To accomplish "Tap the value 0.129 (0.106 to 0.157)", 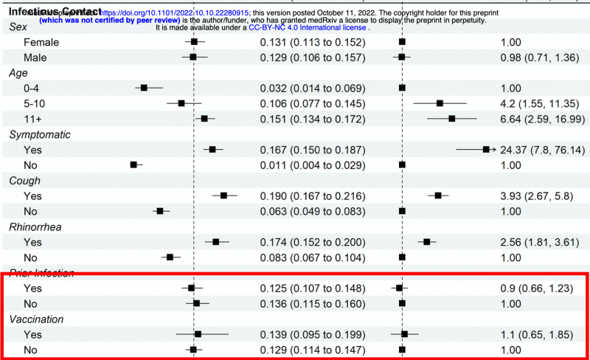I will point(312,57).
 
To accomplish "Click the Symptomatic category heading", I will point(40,134).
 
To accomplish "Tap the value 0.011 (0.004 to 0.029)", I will point(312,165).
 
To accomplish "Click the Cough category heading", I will point(24,180).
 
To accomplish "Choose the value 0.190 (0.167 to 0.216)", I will point(312,196).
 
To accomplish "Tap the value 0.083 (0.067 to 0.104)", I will point(312,257).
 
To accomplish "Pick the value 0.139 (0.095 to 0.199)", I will point(312,334).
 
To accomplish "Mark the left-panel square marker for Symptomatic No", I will point(133,165).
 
